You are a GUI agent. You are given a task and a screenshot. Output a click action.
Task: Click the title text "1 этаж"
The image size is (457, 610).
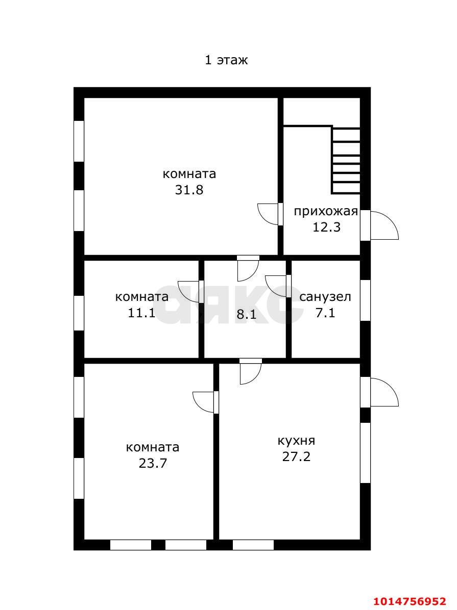pos(226,60)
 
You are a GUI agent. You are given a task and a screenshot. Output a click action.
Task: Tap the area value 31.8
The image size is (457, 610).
pos(189,190)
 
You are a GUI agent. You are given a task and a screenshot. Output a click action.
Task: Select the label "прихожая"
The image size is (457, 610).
pos(326,212)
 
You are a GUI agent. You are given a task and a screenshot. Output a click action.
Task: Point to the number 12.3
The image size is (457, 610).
pos(326,227)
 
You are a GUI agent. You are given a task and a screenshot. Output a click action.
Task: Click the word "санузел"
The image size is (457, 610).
pos(325,297)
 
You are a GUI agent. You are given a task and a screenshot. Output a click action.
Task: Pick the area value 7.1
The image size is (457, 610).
pos(325,312)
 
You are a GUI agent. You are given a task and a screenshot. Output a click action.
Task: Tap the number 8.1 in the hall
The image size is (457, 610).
pos(247,314)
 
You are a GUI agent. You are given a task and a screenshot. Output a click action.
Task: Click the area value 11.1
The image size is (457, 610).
pos(142,312)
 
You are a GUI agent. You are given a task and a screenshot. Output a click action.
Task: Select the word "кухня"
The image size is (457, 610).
pos(296,441)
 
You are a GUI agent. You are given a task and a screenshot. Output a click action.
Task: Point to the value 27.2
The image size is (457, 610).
pos(297,456)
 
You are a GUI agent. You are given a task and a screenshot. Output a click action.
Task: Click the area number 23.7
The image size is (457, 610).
pos(153,463)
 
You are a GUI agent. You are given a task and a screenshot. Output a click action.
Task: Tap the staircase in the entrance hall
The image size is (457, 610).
pos(346,160)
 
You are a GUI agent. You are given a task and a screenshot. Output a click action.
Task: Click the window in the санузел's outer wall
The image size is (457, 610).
pos(366,300)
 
